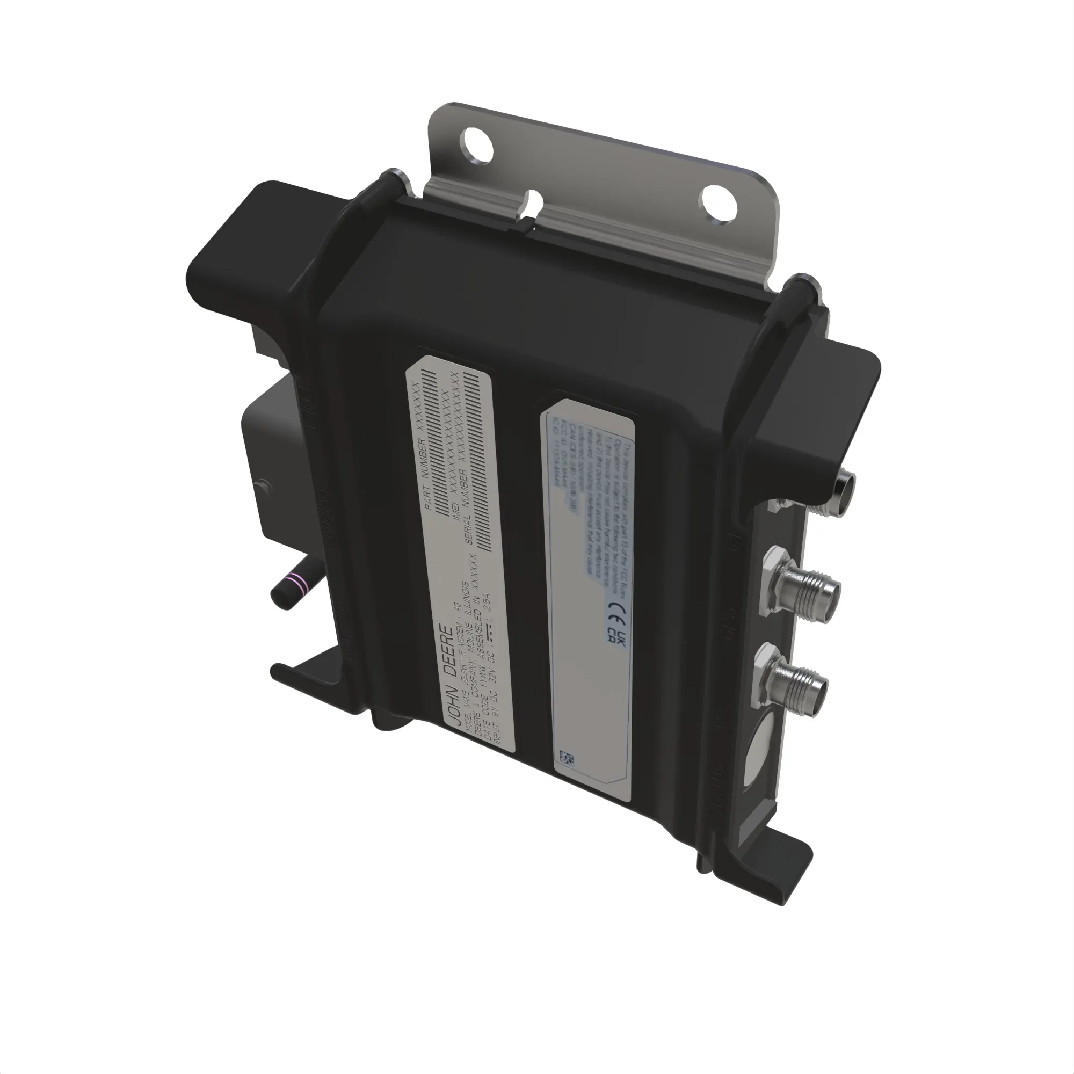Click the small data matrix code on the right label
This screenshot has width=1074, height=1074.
pyautogui.click(x=567, y=758)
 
